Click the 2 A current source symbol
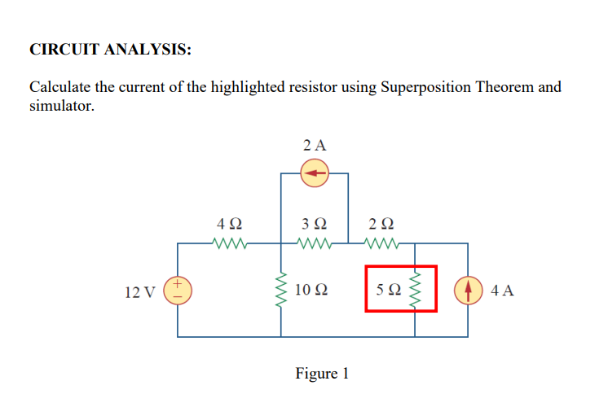click(x=315, y=173)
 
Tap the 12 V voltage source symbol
click(x=178, y=290)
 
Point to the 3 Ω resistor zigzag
click(x=315, y=243)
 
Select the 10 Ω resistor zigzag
click(x=282, y=290)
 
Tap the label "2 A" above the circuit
click(x=314, y=146)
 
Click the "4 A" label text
click(x=503, y=291)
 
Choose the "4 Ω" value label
click(x=229, y=223)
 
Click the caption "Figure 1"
click(x=322, y=374)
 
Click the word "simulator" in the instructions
click(x=61, y=106)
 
